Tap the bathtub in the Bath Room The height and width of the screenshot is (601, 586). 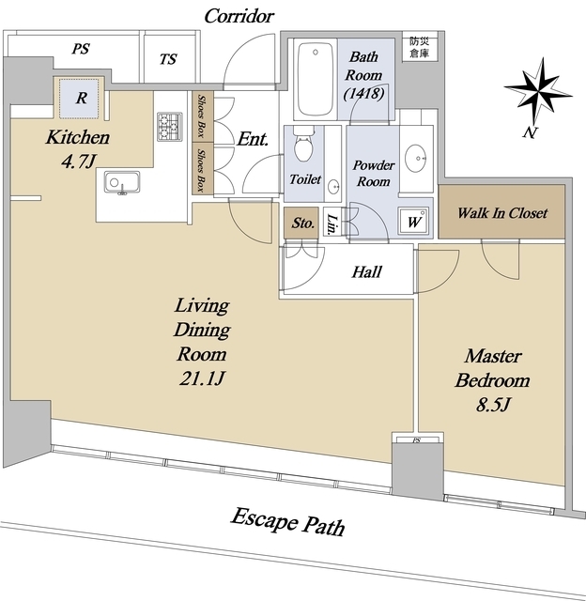point(316,79)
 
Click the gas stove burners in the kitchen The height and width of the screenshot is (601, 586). point(169,126)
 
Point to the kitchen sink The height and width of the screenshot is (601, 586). point(122,182)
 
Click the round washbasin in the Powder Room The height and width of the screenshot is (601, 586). point(416,158)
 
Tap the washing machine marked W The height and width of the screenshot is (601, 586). point(414,221)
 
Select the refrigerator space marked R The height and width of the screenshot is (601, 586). point(80,98)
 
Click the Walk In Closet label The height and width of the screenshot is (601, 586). point(502,213)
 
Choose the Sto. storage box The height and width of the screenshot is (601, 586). point(301,223)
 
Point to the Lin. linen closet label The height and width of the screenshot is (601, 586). point(332,223)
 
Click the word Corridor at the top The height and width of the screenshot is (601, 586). point(239,16)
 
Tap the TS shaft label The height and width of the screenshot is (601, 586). point(168,59)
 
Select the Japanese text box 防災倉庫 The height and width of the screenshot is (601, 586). point(419,48)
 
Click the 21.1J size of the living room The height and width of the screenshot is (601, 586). point(202,378)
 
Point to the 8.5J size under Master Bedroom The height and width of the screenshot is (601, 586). point(493,405)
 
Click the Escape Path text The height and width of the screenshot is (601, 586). point(287,522)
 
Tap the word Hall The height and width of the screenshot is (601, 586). point(367,271)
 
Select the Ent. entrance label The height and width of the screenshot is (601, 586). point(253,139)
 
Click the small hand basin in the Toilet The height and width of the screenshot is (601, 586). point(333,188)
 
